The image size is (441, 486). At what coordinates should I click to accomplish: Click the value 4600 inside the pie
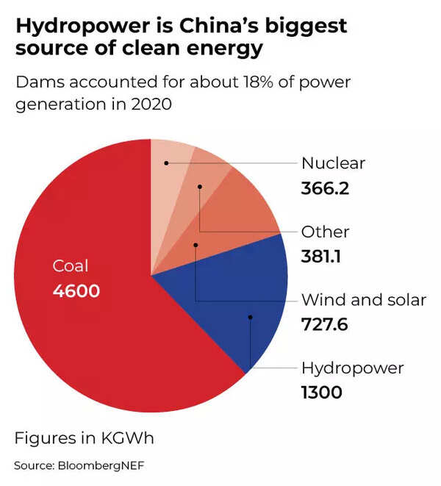tap(76, 291)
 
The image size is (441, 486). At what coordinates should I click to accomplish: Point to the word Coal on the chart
tap(70, 266)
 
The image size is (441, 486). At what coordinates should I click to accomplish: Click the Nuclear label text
tap(333, 163)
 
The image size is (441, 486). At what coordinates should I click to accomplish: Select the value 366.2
tap(325, 188)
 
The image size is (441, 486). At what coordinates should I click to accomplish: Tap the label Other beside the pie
tap(325, 232)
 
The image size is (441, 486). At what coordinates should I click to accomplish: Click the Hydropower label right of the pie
tap(353, 368)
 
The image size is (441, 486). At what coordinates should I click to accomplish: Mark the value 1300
tap(322, 393)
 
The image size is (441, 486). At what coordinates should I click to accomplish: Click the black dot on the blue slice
tap(250, 318)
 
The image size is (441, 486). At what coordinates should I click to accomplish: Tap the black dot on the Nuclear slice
tap(167, 162)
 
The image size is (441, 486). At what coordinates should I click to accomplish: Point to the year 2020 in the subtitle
tap(150, 104)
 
